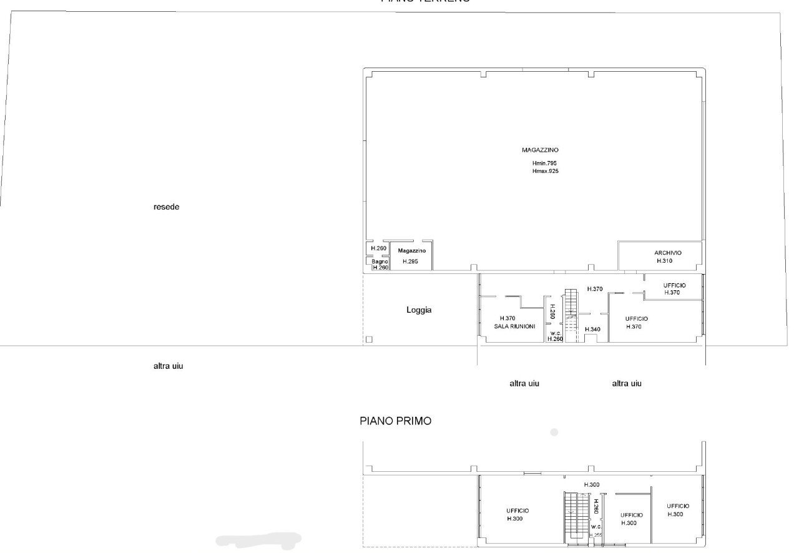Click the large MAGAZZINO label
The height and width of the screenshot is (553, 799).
point(540,150)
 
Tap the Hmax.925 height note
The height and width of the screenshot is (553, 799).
point(545,170)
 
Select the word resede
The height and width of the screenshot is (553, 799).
point(166,207)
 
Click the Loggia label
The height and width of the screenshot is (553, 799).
point(419,310)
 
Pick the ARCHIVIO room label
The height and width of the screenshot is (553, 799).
point(668,253)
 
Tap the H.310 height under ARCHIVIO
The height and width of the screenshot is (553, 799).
point(664,261)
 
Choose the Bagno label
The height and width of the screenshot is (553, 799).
point(380,262)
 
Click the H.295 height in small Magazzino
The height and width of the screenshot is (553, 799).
point(410,262)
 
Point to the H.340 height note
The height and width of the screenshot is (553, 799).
point(592,329)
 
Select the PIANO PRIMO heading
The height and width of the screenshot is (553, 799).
point(395,421)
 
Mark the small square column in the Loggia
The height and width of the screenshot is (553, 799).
point(368,340)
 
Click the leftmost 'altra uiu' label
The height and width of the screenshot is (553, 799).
point(168,366)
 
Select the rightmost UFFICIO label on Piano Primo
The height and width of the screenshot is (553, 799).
point(678,506)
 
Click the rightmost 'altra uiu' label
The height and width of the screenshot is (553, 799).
point(627,384)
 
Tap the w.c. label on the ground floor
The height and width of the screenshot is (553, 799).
point(555,333)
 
